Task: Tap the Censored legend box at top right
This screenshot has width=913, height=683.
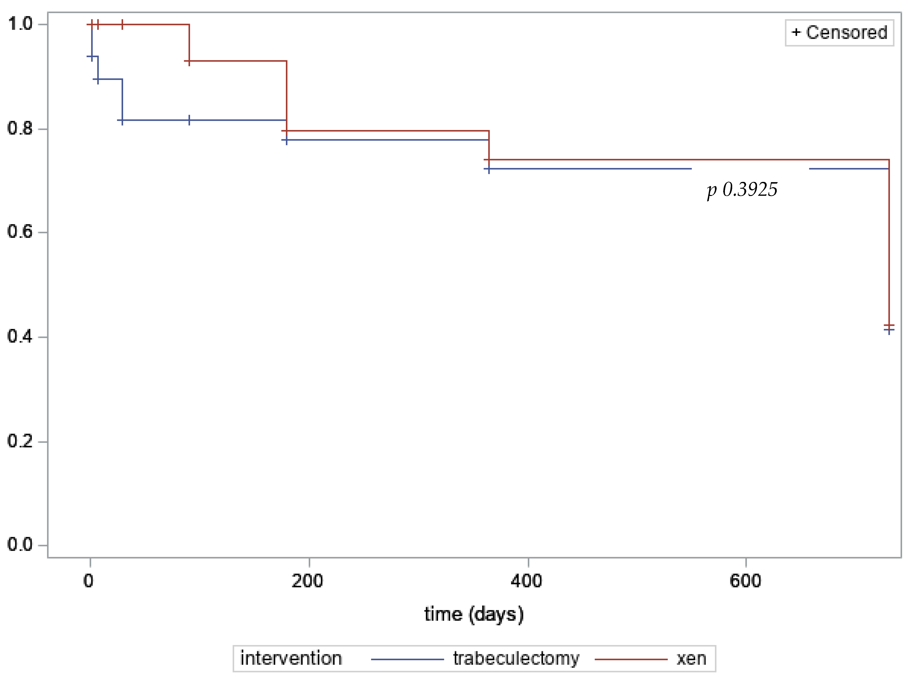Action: click(839, 33)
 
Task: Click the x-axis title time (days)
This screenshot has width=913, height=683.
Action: click(474, 614)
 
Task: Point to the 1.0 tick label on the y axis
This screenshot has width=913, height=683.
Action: click(20, 24)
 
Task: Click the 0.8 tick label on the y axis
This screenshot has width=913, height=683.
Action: click(20, 128)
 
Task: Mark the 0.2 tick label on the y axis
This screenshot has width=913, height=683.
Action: click(20, 441)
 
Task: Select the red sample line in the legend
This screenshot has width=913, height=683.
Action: click(631, 659)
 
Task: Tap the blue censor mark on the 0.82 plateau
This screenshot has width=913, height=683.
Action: click(189, 120)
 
